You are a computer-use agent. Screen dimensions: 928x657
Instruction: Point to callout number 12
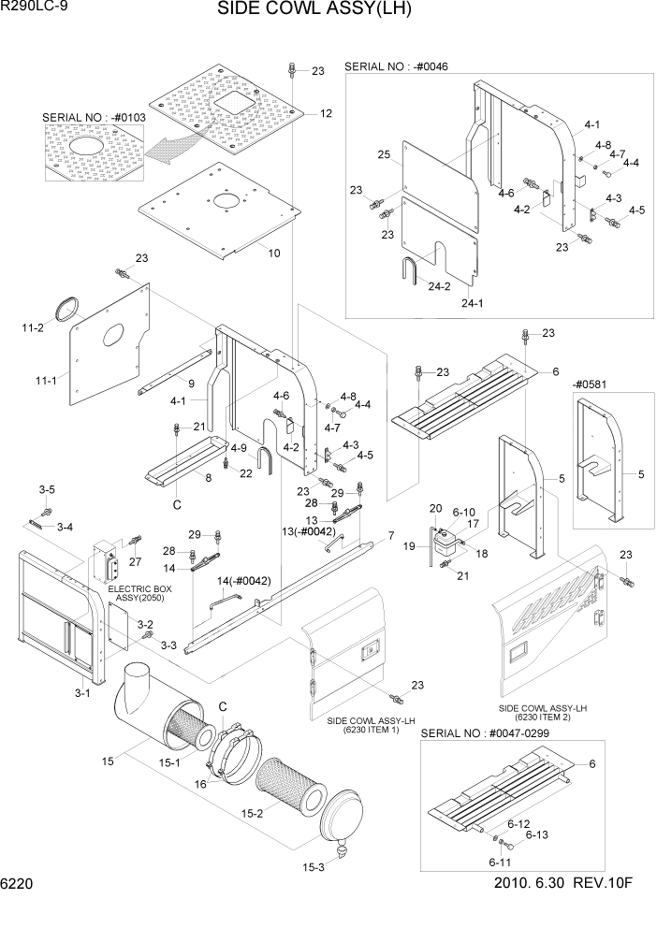[326, 113]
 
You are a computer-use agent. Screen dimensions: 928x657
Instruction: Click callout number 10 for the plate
[274, 253]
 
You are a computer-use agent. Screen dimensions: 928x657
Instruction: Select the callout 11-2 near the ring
[32, 328]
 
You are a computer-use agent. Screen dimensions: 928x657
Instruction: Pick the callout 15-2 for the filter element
[251, 815]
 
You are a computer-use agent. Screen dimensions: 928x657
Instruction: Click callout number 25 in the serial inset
[383, 153]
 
